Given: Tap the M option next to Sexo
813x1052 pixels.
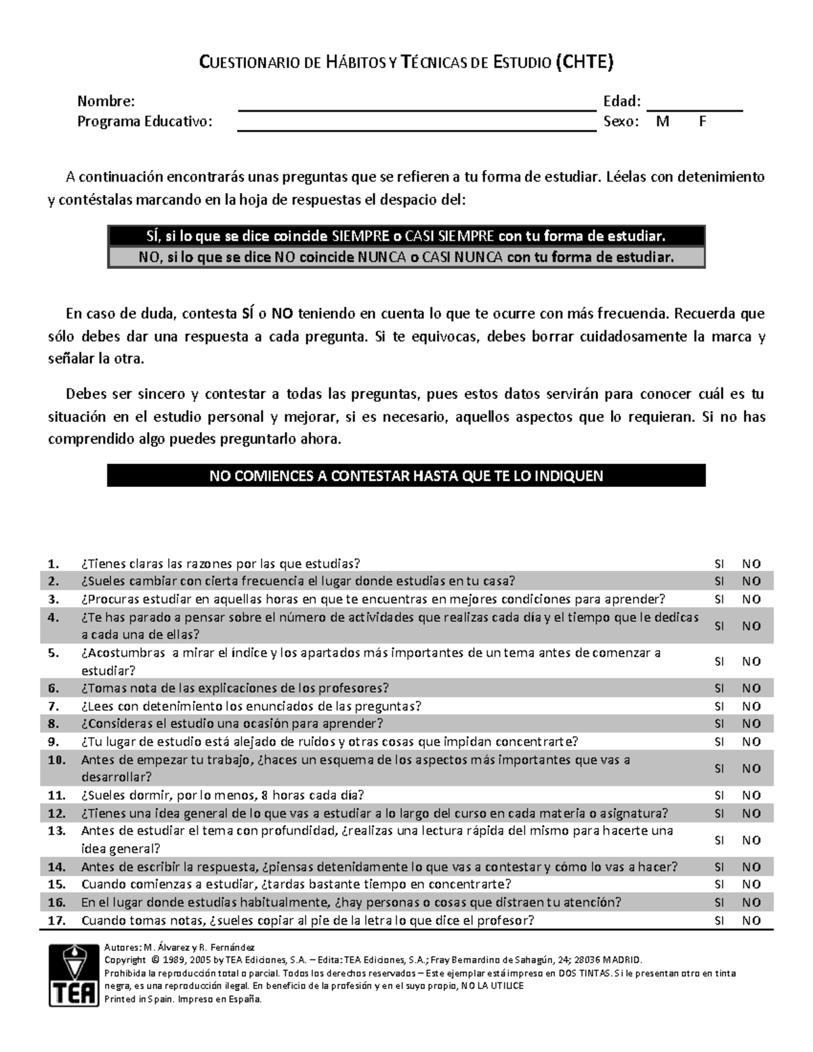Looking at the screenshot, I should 663,122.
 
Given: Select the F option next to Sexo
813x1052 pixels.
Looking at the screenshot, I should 703,122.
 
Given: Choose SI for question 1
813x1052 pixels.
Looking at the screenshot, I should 719,564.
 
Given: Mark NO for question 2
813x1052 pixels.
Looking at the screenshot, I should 751,581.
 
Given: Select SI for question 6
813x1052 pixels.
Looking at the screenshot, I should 719,688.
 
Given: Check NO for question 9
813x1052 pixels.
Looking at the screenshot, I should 751,742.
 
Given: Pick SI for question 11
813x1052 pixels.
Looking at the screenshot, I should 719,795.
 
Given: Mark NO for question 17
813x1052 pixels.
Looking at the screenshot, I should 751,921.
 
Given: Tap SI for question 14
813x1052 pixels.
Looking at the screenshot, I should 719,867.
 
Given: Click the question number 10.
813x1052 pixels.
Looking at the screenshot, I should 57,760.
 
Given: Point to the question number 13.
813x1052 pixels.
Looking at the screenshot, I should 57,831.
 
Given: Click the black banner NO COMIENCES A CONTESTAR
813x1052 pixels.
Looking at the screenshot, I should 406,476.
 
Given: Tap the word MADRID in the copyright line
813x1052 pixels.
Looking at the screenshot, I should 619,960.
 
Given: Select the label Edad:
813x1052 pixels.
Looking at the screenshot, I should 621,102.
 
